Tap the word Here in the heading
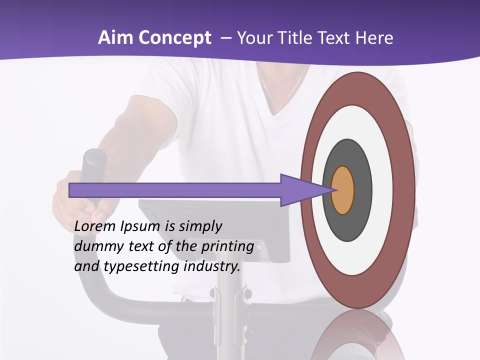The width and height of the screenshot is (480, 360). pos(375,38)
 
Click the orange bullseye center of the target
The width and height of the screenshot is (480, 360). pos(343,190)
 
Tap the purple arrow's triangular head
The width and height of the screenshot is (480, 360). pos(300,190)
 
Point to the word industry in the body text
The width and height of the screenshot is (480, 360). pos(212,266)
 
